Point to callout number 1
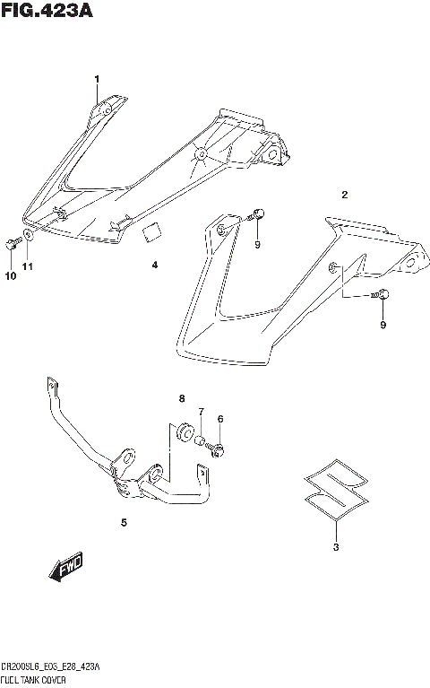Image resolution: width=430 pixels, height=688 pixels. [98, 81]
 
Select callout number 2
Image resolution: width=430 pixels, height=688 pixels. [344, 194]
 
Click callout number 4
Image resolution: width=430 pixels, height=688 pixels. [154, 266]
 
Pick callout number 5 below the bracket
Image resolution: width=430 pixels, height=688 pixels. [124, 521]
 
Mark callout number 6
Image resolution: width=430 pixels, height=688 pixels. [219, 418]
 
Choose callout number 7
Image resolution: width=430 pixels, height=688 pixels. [202, 412]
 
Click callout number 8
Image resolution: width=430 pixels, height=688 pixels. [181, 398]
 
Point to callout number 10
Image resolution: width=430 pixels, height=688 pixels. [10, 276]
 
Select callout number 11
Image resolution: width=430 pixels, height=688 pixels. [28, 267]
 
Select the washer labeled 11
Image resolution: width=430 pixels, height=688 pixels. [29, 237]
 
